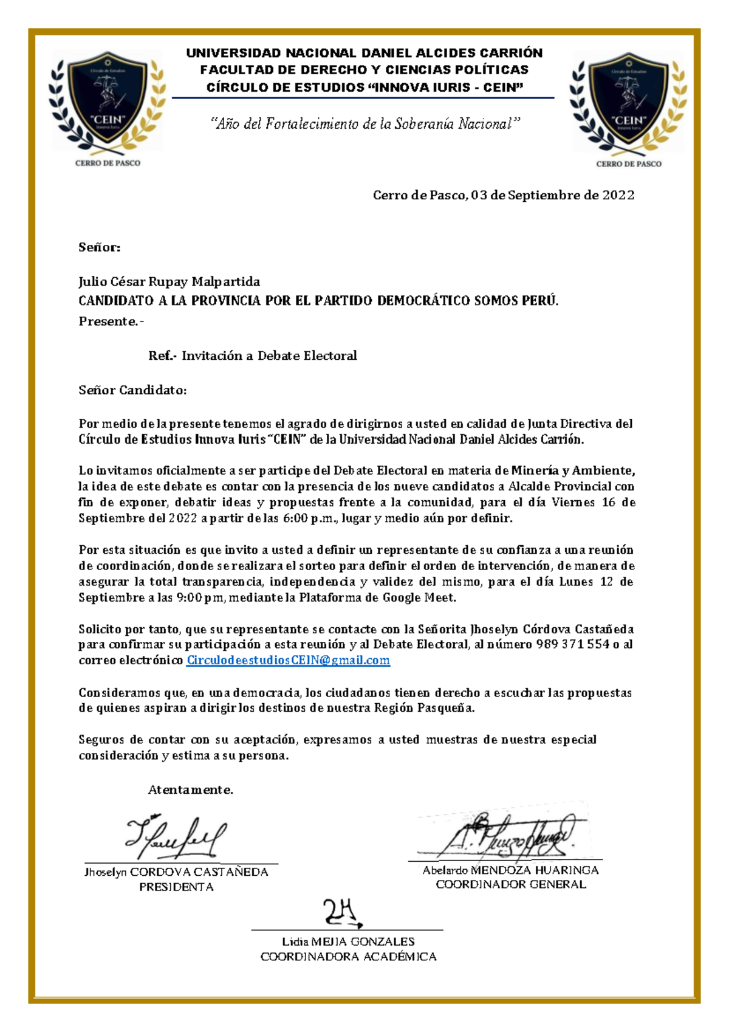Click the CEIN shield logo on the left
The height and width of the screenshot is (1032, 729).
coord(108,100)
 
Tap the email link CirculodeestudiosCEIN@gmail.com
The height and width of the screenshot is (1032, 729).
coord(288,661)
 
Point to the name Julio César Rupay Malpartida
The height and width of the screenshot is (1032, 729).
coord(169,281)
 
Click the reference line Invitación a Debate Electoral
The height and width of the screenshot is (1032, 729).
coord(269,356)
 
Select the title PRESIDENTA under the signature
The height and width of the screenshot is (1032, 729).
coord(176,887)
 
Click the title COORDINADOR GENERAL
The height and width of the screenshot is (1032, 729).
coord(510,885)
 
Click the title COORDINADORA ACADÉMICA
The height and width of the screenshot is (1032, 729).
coord(348,957)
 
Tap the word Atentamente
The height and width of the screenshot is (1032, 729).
coord(190,790)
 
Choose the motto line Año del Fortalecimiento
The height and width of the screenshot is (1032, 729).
coord(365,124)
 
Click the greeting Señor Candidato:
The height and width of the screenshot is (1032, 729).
coord(132,390)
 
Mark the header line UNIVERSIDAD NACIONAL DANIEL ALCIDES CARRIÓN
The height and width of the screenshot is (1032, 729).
coord(364,53)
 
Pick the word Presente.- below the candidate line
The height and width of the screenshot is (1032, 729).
coord(111,322)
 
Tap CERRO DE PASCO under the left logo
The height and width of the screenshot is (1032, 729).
coord(108,163)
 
